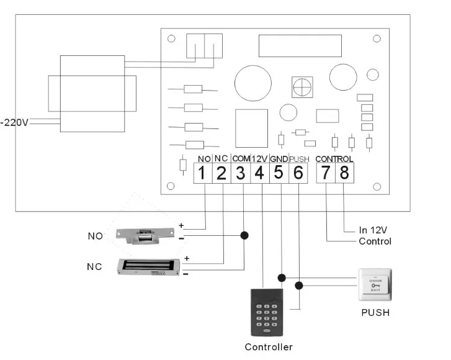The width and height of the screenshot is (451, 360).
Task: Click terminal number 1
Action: coord(202,173)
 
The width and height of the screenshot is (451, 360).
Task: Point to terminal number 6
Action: coord(298,173)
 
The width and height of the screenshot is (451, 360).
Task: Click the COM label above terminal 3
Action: coord(241,159)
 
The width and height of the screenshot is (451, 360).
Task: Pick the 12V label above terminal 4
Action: coord(260,159)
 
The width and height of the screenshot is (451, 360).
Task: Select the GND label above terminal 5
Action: coord(279,159)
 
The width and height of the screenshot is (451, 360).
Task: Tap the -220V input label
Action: coord(15,122)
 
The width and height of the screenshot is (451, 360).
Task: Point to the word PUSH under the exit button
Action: coord(375,312)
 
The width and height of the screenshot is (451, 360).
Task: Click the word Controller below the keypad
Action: coord(268,347)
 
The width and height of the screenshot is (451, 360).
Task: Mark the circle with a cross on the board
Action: coord(301,88)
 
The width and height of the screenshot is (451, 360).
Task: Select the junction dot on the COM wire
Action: coord(244,236)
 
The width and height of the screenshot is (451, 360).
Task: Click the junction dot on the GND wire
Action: coord(282,277)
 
